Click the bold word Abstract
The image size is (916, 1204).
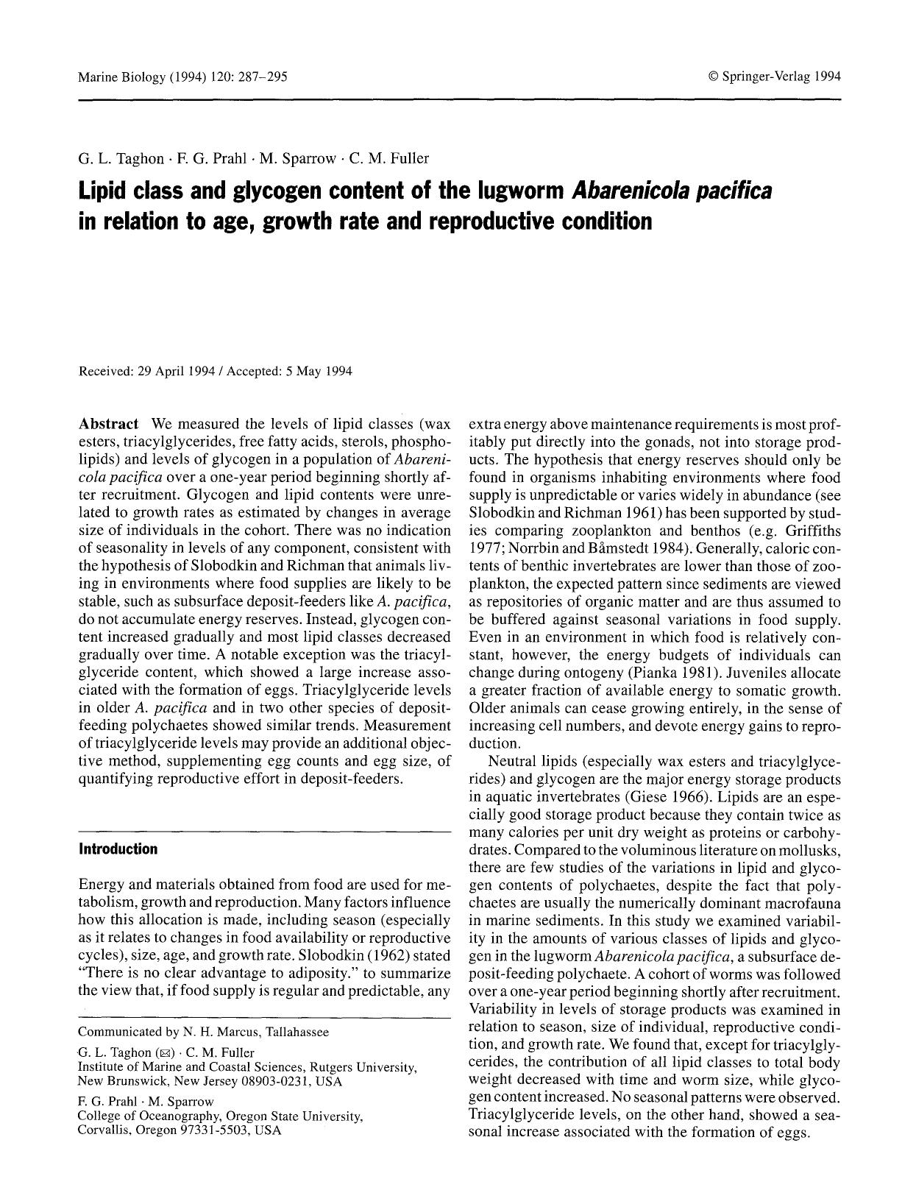coord(108,424)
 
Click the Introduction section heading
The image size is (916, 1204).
coord(118,849)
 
